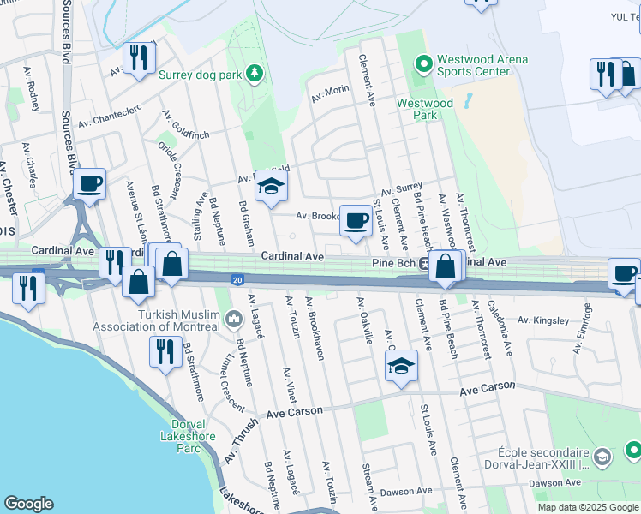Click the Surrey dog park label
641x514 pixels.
click(200, 74)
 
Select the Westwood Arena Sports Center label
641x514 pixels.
click(482, 65)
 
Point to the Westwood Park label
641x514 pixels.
click(424, 108)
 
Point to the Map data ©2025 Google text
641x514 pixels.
click(587, 507)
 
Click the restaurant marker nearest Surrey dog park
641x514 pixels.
click(137, 59)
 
